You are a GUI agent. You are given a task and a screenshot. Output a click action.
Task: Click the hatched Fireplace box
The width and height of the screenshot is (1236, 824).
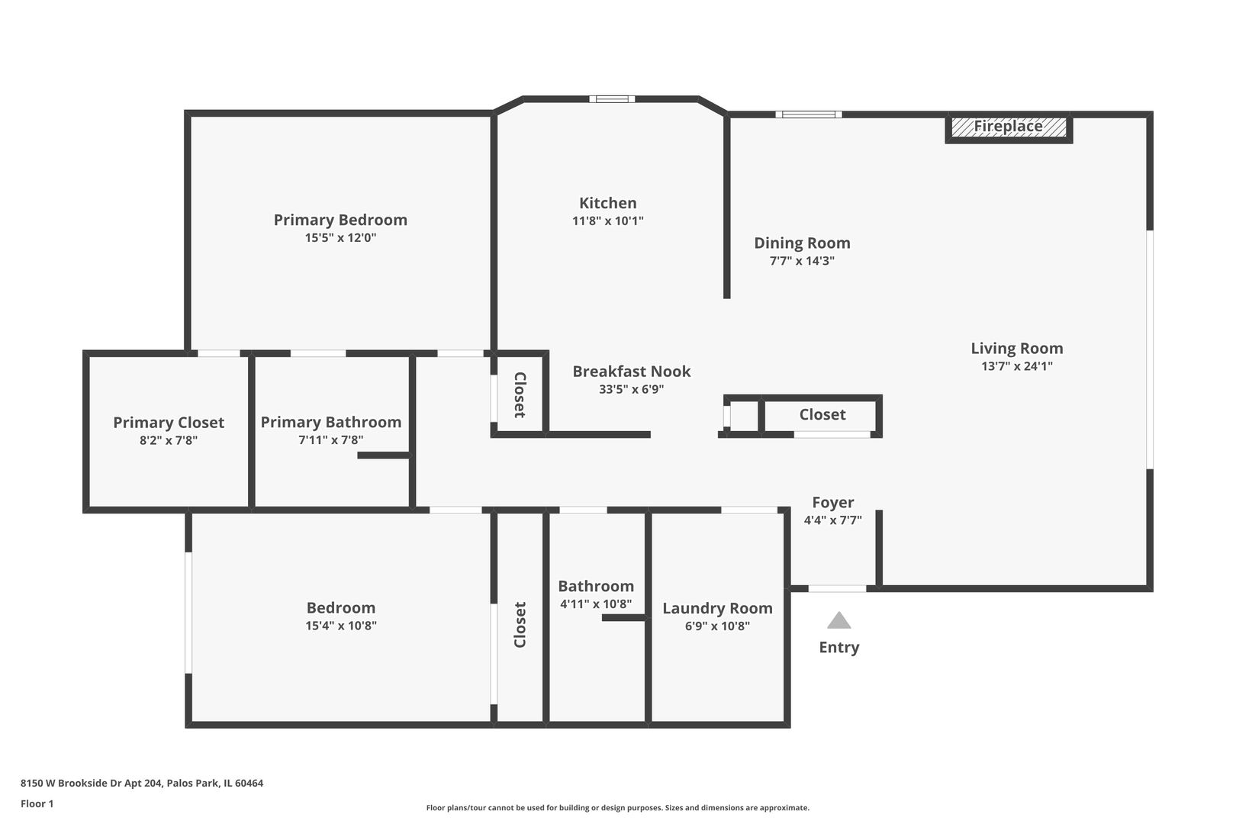[x=1009, y=127]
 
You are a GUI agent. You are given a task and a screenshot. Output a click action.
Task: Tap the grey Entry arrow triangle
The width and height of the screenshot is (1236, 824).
[x=838, y=620]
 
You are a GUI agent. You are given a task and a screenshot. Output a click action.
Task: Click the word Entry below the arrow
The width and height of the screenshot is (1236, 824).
[x=838, y=647]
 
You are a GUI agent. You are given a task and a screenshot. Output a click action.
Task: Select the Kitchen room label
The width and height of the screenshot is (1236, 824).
[x=607, y=203]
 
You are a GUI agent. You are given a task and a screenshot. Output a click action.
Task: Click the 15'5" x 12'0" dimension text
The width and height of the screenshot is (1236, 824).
[x=340, y=237]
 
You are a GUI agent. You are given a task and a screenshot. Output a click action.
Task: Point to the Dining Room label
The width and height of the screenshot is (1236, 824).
[x=802, y=243]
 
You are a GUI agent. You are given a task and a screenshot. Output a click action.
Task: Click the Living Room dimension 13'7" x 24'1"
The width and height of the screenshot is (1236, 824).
[x=1016, y=365]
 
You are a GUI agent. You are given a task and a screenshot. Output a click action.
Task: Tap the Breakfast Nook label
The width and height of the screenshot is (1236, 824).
[x=631, y=372]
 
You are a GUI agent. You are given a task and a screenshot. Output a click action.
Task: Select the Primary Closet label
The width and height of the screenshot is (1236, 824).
[x=169, y=422]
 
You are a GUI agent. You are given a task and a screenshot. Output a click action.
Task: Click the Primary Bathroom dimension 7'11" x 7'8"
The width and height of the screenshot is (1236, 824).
[x=330, y=439]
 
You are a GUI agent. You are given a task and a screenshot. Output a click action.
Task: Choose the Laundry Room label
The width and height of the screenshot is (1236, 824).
[x=717, y=608]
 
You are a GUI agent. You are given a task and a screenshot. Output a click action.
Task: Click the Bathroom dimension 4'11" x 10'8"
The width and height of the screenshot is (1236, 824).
[x=596, y=604]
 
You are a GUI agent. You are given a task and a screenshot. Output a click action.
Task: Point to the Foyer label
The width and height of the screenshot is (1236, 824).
[x=832, y=502]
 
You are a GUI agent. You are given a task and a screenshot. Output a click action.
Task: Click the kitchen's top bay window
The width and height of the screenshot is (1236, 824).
[x=611, y=98]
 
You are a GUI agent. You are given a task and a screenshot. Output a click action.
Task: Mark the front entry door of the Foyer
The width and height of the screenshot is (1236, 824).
[x=837, y=588]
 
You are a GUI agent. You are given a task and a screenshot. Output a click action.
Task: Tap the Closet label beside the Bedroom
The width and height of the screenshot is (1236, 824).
[x=520, y=625]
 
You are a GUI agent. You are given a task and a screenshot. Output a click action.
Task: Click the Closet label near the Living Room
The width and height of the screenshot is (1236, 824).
[x=822, y=414]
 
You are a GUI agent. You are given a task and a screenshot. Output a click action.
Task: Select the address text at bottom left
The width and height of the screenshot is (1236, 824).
[x=142, y=783]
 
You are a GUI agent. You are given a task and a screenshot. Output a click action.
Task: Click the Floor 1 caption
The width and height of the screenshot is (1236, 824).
[x=37, y=803]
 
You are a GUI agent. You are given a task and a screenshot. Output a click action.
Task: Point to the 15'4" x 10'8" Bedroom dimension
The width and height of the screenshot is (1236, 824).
[x=340, y=626]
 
